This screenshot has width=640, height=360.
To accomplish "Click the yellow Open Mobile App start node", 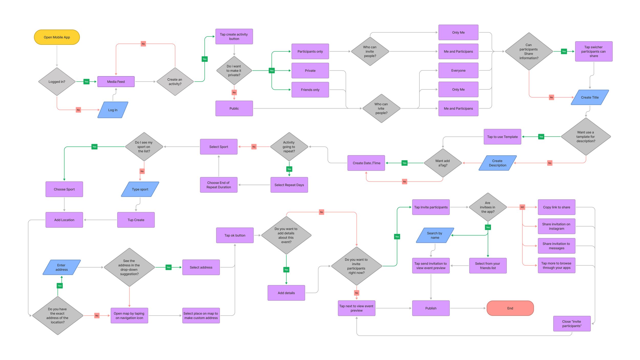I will point(57,37).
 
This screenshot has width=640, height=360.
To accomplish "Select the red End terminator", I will point(510,308).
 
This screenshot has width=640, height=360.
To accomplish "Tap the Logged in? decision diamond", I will point(57,82).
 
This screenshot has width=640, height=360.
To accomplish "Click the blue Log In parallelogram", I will point(113,110).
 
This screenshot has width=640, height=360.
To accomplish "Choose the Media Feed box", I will point(116,82).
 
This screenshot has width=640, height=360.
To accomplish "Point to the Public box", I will point(234,108).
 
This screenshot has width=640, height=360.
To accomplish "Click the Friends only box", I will point(310,90).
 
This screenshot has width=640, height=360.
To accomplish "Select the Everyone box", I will point(458,70).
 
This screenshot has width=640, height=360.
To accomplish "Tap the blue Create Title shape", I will point(590,97).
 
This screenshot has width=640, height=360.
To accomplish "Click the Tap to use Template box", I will point(502,137).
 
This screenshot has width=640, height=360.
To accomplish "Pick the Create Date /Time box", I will point(366,163).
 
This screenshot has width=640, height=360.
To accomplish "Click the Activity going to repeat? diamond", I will point(289,147).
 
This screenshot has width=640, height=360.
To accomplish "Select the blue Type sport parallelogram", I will point(140,189).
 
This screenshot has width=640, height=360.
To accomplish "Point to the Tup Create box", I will point(136,220).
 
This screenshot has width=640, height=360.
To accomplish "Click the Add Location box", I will point(64,220).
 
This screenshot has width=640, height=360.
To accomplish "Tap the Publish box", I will point(431,308).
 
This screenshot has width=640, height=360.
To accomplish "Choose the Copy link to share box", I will point(557,207).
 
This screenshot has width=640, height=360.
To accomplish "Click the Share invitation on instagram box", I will point(557,226).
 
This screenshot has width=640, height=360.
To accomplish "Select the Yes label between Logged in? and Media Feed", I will point(87,82).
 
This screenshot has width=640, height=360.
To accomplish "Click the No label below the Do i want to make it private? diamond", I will point(234,92).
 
